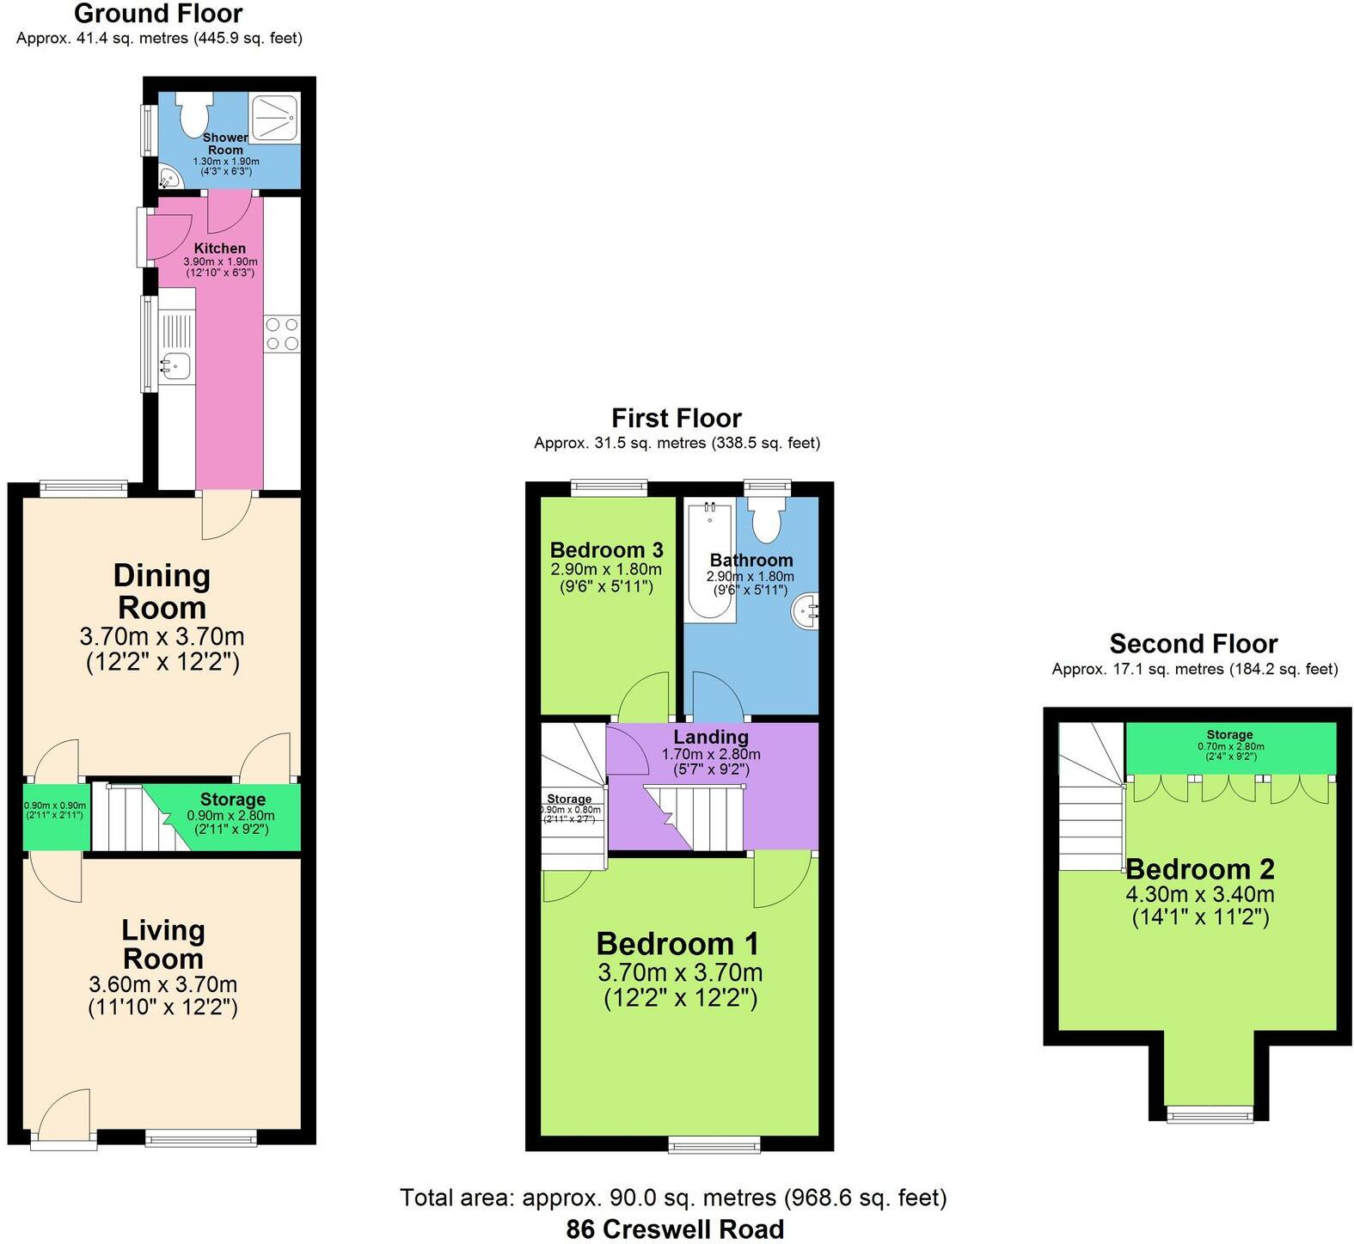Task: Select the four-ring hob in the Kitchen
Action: click(282, 334)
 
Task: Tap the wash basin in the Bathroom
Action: click(806, 612)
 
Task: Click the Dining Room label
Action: click(162, 591)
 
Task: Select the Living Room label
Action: click(162, 944)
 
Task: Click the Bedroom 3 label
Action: click(606, 550)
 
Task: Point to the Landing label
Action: click(710, 737)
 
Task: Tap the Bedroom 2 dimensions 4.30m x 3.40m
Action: click(1199, 894)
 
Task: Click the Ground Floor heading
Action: click(158, 14)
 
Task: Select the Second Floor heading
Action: click(1193, 643)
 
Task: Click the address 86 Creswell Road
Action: click(675, 1229)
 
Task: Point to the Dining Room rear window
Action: click(84, 488)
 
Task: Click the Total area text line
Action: click(673, 1197)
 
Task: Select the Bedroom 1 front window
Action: click(714, 1144)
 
